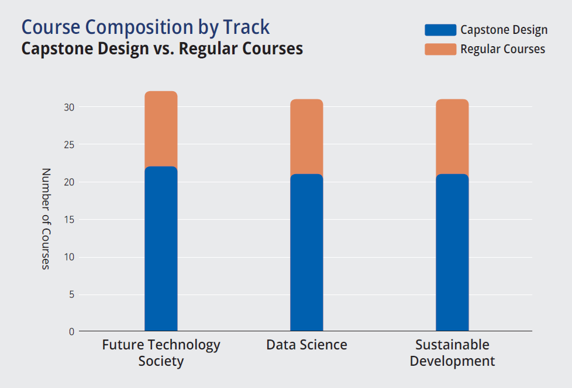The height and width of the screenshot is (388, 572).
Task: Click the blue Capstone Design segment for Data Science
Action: tap(306, 252)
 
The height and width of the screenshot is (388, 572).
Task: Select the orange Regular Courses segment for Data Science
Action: tap(306, 137)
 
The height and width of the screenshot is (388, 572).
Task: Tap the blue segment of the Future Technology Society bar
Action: tap(161, 249)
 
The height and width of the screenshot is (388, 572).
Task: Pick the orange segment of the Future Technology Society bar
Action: tap(161, 129)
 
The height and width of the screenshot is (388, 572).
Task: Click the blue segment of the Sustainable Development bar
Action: tap(452, 252)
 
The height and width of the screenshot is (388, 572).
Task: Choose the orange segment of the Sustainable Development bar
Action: tap(452, 137)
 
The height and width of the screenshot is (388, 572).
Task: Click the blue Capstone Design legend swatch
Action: tap(440, 30)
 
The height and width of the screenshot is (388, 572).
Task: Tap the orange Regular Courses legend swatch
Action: tap(440, 49)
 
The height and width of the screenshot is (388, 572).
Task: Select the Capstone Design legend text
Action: tap(504, 30)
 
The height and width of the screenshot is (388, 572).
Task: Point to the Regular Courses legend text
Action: tap(502, 49)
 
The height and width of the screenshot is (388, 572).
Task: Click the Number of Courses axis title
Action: tap(46, 219)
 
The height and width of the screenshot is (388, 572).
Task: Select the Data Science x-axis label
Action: tap(306, 345)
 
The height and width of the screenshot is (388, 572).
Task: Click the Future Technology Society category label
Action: tap(161, 353)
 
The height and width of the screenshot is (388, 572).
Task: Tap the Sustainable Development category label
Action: tap(452, 353)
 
